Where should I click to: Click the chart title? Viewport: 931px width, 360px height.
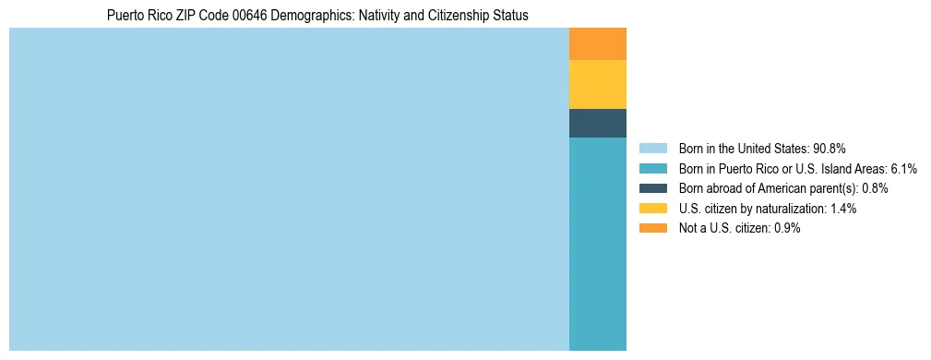point(317,15)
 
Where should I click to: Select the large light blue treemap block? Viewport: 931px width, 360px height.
point(289,189)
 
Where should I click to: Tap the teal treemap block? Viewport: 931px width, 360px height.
point(598,244)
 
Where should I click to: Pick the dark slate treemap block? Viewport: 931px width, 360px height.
point(598,123)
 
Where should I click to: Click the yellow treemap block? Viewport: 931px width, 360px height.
point(598,84)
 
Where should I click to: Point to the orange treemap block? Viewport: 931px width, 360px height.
point(598,44)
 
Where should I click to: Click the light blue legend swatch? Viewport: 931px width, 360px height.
point(652,148)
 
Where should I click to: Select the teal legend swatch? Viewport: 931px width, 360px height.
point(652,168)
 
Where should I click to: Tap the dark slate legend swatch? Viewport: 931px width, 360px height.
point(652,188)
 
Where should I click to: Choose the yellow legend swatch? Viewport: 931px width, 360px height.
point(652,209)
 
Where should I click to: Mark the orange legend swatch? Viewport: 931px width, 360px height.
point(652,228)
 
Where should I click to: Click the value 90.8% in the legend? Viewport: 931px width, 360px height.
point(830,148)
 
